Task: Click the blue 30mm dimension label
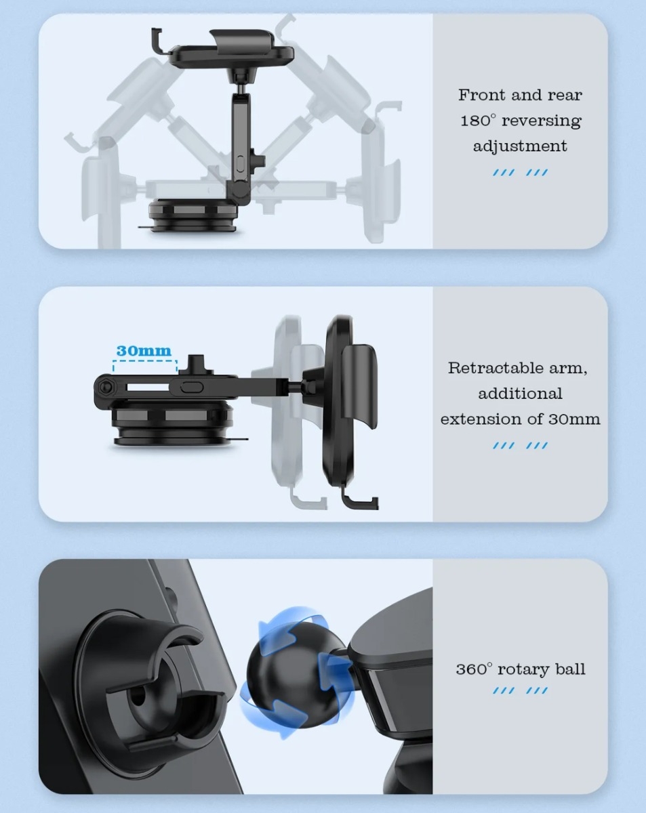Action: point(144,351)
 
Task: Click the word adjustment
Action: point(520,146)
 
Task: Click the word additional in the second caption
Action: point(520,394)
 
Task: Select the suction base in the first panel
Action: point(193,215)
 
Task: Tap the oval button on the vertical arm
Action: point(241,163)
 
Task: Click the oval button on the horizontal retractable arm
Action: point(192,388)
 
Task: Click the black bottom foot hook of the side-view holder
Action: point(359,500)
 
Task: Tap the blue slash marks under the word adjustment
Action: point(520,173)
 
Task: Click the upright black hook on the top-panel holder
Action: point(158,41)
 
